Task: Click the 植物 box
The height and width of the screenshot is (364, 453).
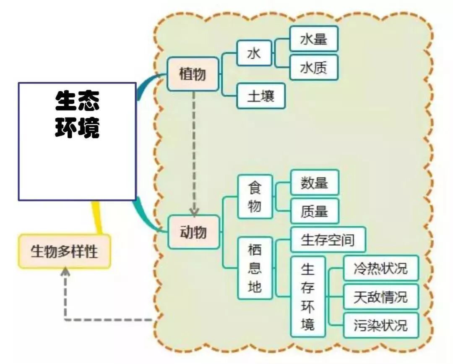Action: pyautogui.click(x=193, y=74)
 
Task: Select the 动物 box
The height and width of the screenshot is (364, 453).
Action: pyautogui.click(x=193, y=232)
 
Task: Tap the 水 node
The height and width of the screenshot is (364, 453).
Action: pyautogui.click(x=254, y=53)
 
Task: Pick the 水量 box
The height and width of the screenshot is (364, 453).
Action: pyautogui.click(x=313, y=39)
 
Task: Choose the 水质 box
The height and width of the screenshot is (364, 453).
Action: pyautogui.click(x=313, y=67)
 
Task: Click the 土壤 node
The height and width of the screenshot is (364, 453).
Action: pyautogui.click(x=260, y=96)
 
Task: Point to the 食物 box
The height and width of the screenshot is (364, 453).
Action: pyautogui.click(x=255, y=196)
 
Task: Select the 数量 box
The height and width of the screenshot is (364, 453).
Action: pyautogui.click(x=314, y=182)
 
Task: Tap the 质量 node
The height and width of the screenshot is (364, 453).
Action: pyautogui.click(x=314, y=211)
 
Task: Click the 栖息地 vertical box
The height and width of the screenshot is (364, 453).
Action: pyautogui.click(x=255, y=268)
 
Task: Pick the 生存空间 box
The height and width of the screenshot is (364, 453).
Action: pyautogui.click(x=328, y=240)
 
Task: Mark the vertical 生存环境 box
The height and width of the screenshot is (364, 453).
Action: pyautogui.click(x=307, y=296)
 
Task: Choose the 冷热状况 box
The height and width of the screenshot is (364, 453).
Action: pyautogui.click(x=380, y=268)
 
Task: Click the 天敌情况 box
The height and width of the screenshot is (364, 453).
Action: pyautogui.click(x=380, y=297)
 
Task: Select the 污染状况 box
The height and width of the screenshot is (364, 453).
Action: pyautogui.click(x=380, y=325)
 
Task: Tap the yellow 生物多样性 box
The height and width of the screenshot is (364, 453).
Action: pyautogui.click(x=64, y=251)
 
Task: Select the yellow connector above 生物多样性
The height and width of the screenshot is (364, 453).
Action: pyautogui.click(x=97, y=217)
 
